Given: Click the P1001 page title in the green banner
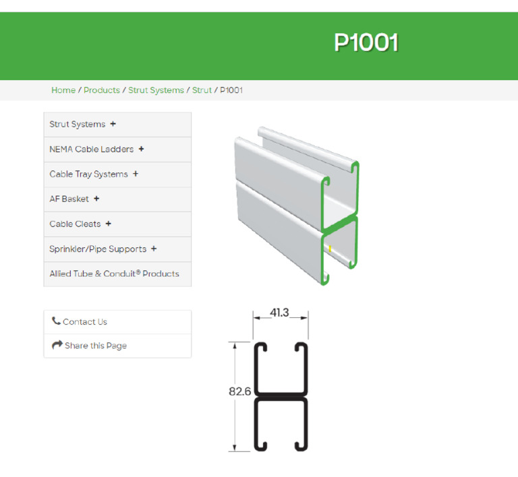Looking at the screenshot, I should (366, 43).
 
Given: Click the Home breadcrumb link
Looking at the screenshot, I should (63, 90).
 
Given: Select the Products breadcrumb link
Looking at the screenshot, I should (102, 90).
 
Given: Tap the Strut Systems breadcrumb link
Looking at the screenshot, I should (156, 90).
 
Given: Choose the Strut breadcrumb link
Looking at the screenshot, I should (202, 90).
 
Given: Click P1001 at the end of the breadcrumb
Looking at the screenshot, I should (231, 90).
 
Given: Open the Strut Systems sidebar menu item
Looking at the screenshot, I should (78, 125).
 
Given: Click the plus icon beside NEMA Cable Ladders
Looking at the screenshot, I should (141, 149).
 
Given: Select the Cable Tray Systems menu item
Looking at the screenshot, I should (88, 174).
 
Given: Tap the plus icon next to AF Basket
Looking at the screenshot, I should (96, 199).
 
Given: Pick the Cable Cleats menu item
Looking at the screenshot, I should (75, 224).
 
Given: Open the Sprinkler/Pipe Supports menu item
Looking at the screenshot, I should (98, 249).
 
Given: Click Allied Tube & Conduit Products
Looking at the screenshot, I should (114, 274).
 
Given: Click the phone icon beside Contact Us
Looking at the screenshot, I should (56, 321).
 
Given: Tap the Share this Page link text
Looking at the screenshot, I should (96, 346).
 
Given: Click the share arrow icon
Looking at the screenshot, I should (57, 346).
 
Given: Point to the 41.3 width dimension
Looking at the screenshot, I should (280, 313).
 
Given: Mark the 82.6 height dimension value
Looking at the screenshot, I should (239, 391).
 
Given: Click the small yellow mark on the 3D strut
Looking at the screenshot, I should (330, 249).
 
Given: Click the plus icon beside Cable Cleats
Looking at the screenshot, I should (109, 224).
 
